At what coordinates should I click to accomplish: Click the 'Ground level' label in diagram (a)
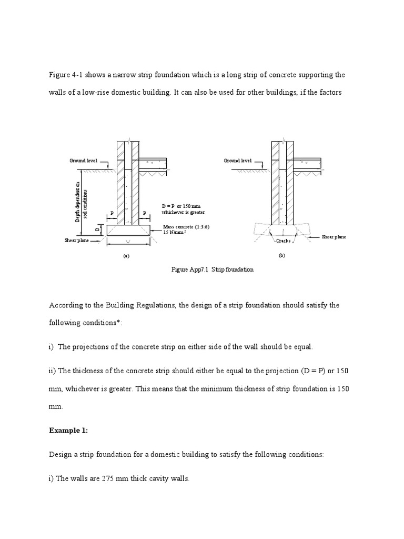point(84,161)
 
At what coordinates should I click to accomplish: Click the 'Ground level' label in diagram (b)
point(238,161)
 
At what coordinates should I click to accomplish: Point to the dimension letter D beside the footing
point(97,229)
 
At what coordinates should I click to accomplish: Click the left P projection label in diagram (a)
point(112,213)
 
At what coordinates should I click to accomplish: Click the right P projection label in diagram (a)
point(144,213)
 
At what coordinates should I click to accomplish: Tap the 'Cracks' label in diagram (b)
point(284,241)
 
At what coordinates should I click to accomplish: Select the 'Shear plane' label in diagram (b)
point(334,237)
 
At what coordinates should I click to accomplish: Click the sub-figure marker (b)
point(281,255)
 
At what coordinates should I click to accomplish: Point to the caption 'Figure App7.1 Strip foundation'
point(213,269)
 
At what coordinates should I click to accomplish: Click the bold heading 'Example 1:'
point(68,430)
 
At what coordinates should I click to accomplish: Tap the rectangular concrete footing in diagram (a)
point(128,230)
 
